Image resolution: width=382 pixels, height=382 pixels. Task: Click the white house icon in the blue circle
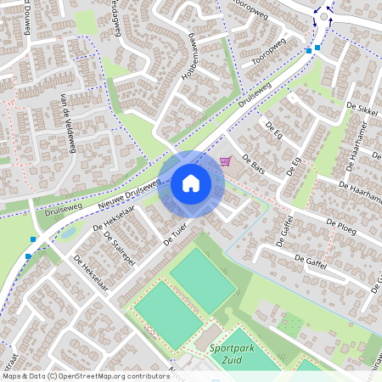[191, 183]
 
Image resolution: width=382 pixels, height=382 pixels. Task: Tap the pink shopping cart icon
[225, 161]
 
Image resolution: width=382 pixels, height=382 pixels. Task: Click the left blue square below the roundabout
[308, 51]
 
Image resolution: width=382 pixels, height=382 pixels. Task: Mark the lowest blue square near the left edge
[28, 255]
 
